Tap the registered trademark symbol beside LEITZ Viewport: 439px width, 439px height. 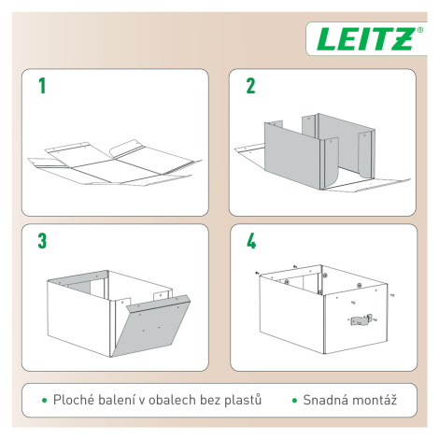point(419,30)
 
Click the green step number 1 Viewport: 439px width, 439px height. point(42,86)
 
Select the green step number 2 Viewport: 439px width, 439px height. point(250,86)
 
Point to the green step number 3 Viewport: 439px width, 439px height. point(42,241)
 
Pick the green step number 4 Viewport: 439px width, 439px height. point(251,241)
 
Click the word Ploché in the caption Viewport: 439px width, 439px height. point(73,400)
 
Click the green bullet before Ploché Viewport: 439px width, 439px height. point(45,401)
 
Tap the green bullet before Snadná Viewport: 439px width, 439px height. point(295,401)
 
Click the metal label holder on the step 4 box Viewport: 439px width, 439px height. point(361,319)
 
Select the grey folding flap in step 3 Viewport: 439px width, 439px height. point(151,324)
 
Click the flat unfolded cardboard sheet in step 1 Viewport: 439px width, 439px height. point(114,163)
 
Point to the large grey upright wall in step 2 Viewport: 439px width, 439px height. point(291,152)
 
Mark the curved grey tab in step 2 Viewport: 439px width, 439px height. point(331,163)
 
